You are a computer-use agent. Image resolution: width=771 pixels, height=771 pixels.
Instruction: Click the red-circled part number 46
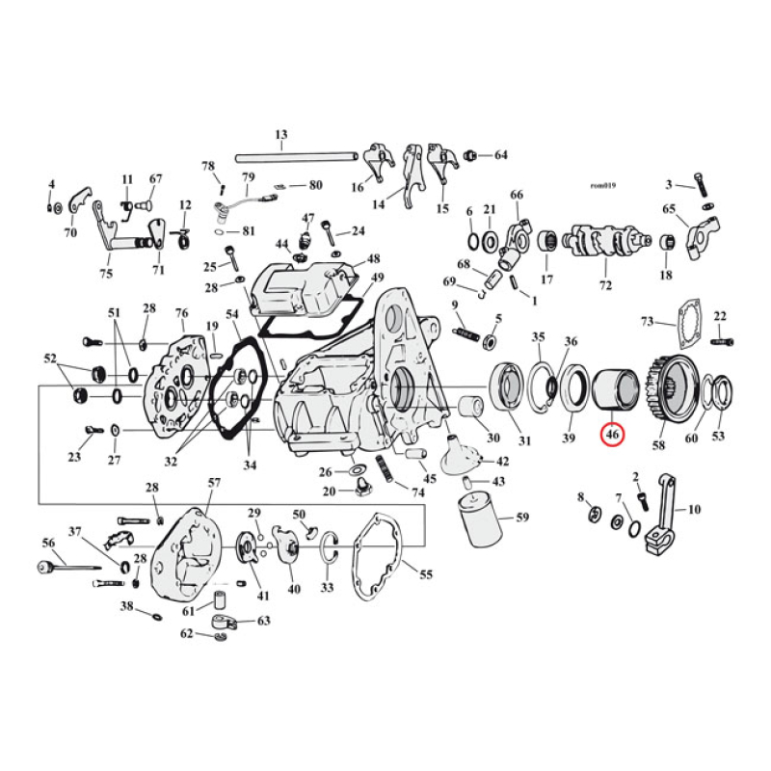612,437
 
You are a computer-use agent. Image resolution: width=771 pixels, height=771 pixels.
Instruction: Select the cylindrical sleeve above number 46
613,389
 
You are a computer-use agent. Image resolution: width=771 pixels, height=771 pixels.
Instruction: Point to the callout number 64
500,155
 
